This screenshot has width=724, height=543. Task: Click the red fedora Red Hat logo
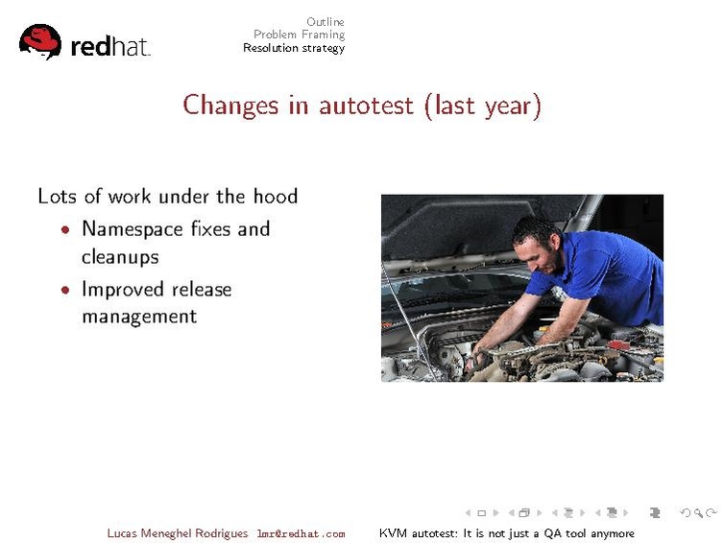coord(40,41)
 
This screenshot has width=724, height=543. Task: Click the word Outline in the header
coord(326,22)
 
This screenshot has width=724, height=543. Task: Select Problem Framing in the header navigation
coord(300,35)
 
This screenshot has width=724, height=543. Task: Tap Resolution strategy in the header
coord(294,48)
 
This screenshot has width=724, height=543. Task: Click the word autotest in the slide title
coord(366,106)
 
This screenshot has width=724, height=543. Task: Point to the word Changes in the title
coord(230,106)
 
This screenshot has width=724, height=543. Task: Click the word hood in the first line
coord(276,196)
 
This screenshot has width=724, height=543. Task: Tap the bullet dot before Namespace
coord(65,229)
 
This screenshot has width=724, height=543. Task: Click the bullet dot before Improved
coord(65,290)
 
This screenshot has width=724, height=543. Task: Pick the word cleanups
coord(120,257)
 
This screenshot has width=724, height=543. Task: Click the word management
coord(139,317)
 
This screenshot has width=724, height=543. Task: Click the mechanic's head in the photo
coord(538,243)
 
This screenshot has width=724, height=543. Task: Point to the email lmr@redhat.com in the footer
coord(302,533)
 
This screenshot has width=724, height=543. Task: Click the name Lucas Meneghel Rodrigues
coord(178,533)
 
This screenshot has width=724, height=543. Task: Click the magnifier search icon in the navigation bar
coord(699,513)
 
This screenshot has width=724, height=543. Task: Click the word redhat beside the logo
coord(110,47)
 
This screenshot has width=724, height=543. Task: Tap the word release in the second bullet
coord(202,290)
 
